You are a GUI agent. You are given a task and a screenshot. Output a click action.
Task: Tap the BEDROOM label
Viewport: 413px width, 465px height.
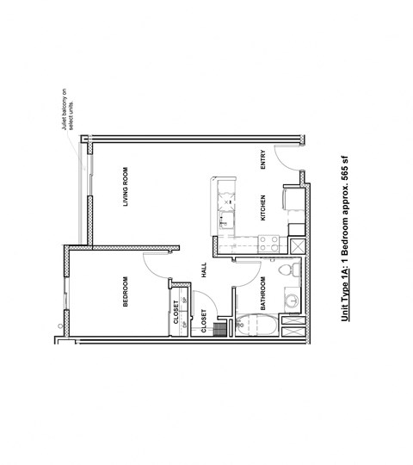[126, 290]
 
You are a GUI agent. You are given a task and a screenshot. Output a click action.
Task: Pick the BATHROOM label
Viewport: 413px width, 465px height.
[262, 294]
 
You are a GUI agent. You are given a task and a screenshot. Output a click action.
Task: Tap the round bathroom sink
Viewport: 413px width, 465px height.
[293, 301]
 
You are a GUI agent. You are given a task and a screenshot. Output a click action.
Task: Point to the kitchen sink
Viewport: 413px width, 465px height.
[225, 221]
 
